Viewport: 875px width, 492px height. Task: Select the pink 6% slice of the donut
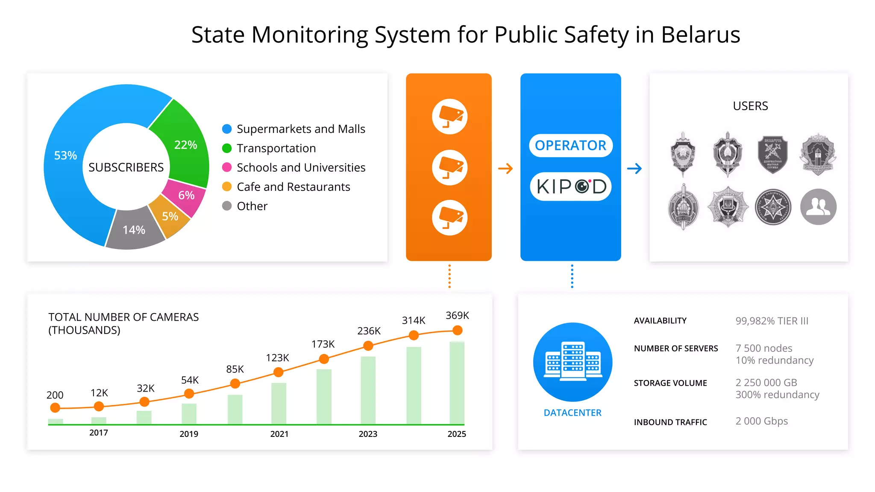186,196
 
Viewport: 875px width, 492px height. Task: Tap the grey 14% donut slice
133,231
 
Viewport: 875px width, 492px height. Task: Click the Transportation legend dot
227,148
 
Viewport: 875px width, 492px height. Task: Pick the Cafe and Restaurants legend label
293,187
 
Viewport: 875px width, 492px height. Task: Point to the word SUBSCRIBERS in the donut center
126,167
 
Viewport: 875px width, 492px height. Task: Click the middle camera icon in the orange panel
449,167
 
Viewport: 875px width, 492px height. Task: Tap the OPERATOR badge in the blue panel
570,146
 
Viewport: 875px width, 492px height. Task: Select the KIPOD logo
570,187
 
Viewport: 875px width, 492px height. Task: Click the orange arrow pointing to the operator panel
505,168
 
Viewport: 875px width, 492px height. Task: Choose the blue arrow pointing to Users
634,168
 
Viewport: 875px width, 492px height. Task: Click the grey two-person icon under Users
818,207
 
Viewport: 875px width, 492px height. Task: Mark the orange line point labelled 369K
457,330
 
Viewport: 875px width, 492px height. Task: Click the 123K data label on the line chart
277,358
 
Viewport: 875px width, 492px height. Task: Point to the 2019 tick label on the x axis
189,434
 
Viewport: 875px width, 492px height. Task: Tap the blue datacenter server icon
573,362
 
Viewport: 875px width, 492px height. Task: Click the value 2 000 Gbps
761,421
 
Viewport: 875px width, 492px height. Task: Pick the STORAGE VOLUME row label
670,383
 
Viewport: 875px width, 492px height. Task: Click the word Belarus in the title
700,35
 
